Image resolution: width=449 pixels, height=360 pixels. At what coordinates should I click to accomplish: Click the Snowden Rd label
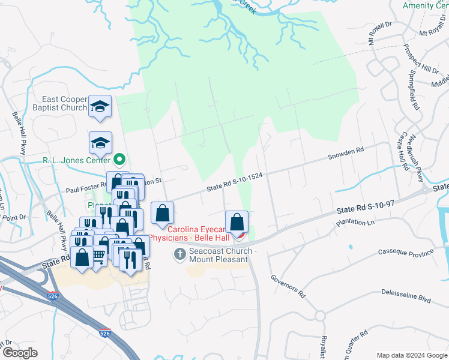tap(345, 155)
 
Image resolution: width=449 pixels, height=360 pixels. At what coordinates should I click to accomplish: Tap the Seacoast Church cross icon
tap(179, 255)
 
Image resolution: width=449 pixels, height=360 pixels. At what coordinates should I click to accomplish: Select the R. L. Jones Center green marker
tap(119, 160)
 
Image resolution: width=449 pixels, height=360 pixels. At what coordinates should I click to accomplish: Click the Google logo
tap(20, 353)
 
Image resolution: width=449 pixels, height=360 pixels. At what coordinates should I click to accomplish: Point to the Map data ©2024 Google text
tap(412, 355)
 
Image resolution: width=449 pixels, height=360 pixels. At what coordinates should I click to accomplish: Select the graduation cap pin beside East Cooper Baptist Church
tap(99, 107)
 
